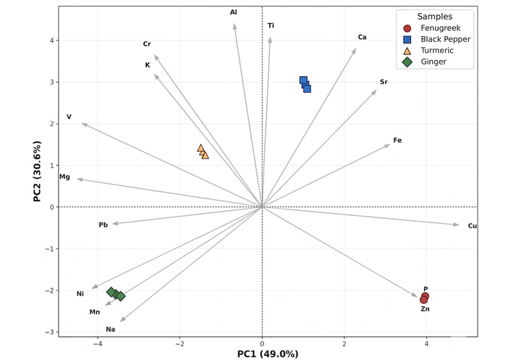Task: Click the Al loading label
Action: coord(233,12)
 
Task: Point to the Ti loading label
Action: coord(271,25)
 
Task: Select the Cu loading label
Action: coord(472,226)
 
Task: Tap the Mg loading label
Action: coord(64,177)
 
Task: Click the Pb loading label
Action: coord(103,225)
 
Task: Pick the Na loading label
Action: coord(110,330)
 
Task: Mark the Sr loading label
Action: coord(384,82)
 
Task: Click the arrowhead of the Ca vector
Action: coord(355,49)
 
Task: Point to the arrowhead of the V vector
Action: coord(83,124)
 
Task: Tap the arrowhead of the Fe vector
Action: coord(389,145)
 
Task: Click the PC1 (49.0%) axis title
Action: coord(267,353)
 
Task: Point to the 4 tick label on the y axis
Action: coord(51,41)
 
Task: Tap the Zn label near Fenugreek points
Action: coord(425,309)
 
